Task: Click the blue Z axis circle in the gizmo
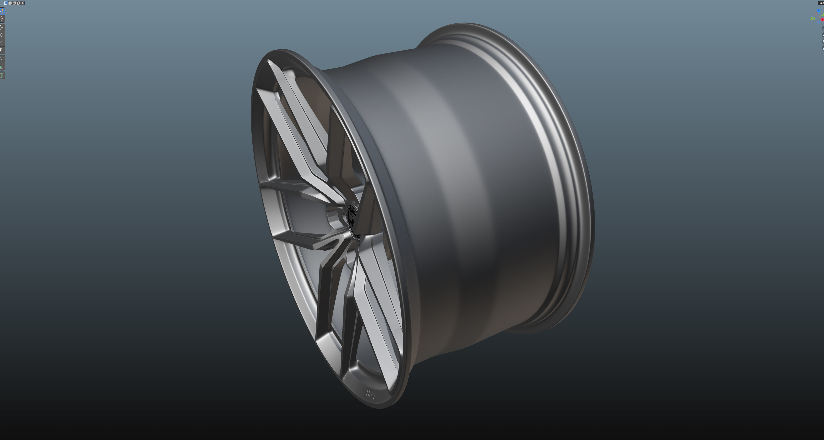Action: click(819, 11)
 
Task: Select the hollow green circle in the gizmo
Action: click(813, 18)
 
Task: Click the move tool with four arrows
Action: click(2, 27)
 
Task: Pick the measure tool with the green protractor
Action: click(2, 67)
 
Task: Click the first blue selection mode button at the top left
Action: click(6, 3)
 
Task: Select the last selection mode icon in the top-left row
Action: click(22, 3)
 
